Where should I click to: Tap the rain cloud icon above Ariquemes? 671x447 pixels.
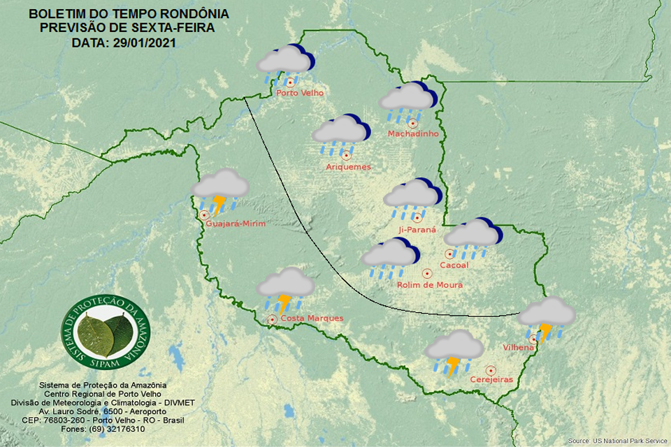[340, 134]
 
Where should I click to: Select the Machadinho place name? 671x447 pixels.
[413, 133]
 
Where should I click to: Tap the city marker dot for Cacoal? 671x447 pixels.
[449, 254]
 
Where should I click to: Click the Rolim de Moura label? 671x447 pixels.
[429, 285]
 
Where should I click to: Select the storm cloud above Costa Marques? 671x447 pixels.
[285, 288]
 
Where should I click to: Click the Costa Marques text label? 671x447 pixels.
[312, 318]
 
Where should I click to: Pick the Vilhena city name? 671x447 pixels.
[519, 347]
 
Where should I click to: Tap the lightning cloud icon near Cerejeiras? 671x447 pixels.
[455, 352]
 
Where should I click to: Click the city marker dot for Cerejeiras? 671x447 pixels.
[491, 369]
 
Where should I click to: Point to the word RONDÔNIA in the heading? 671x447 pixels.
[192, 14]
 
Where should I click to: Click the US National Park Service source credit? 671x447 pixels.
[617, 441]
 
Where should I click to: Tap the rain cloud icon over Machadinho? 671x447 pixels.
[408, 99]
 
